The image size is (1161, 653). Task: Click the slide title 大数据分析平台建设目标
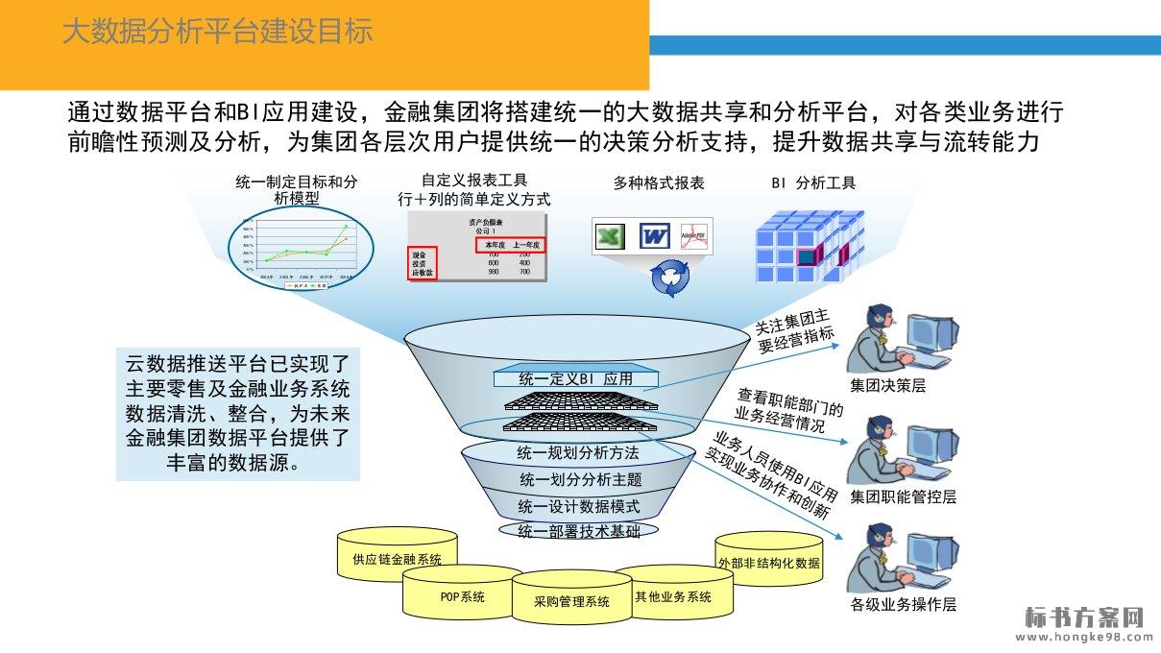[x=217, y=32]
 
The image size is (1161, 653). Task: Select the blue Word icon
[x=654, y=235]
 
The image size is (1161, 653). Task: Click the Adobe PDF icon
[x=693, y=236]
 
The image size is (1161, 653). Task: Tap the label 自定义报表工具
[x=474, y=180]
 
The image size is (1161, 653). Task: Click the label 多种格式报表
[x=659, y=182]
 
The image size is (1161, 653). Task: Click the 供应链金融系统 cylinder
[x=397, y=558]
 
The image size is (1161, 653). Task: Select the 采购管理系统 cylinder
[x=571, y=601]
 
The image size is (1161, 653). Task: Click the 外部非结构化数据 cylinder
[x=769, y=562]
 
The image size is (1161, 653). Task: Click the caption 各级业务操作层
[x=904, y=605]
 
